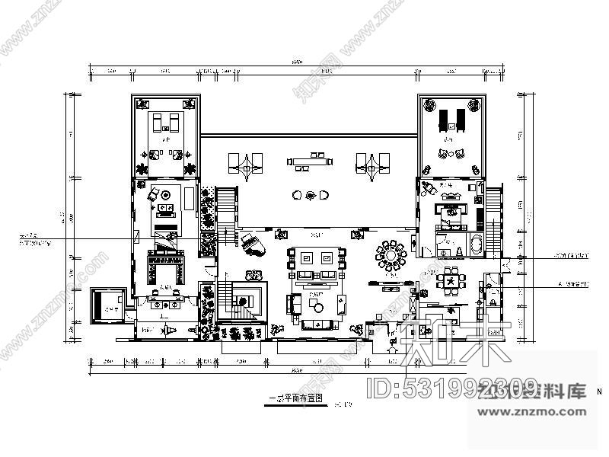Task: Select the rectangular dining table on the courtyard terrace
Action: coord(310,161)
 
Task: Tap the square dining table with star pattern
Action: coord(451,280)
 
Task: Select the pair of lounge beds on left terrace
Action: coord(165,122)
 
